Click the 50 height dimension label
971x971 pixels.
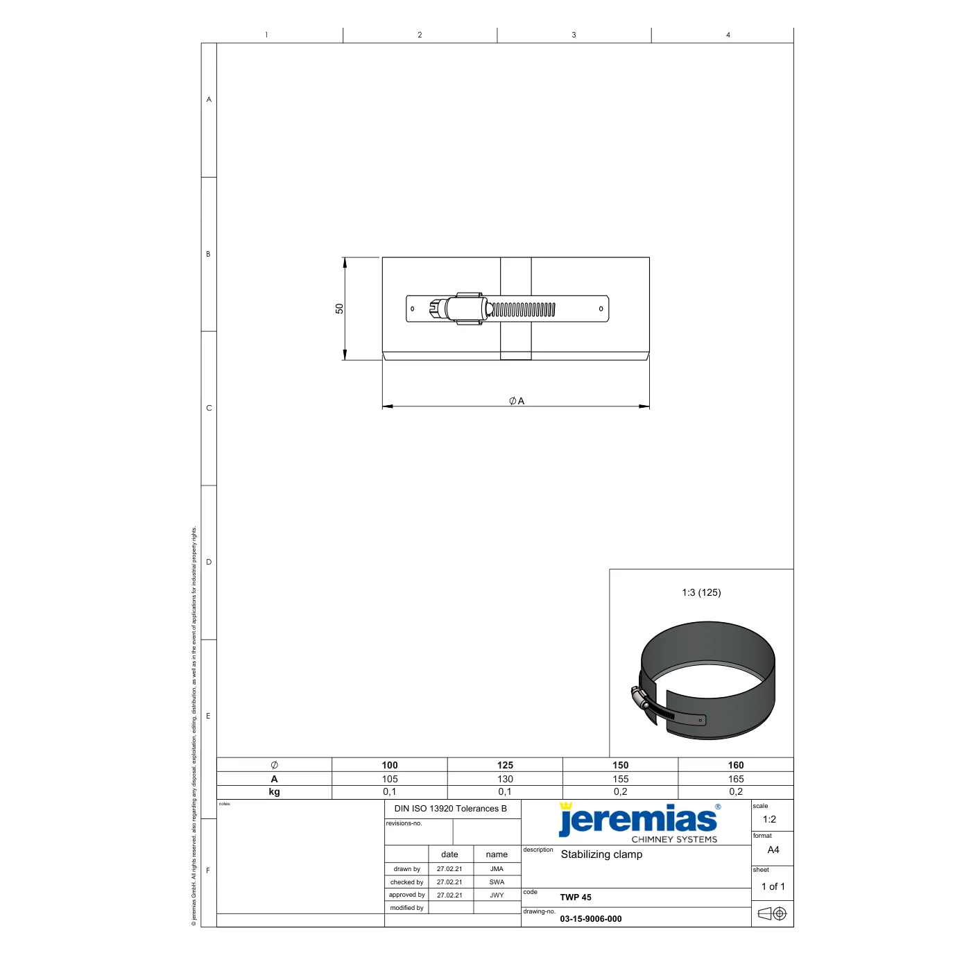(x=339, y=309)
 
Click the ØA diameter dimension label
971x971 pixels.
(x=517, y=401)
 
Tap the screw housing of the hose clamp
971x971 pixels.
(x=463, y=309)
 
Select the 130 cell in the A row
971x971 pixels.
(x=505, y=779)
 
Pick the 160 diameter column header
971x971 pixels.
(x=736, y=765)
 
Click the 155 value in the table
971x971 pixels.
(x=620, y=779)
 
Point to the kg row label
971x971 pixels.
(x=274, y=791)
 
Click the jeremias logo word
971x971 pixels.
(x=638, y=820)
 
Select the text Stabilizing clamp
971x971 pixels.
(x=601, y=854)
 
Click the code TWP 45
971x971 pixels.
(x=576, y=897)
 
